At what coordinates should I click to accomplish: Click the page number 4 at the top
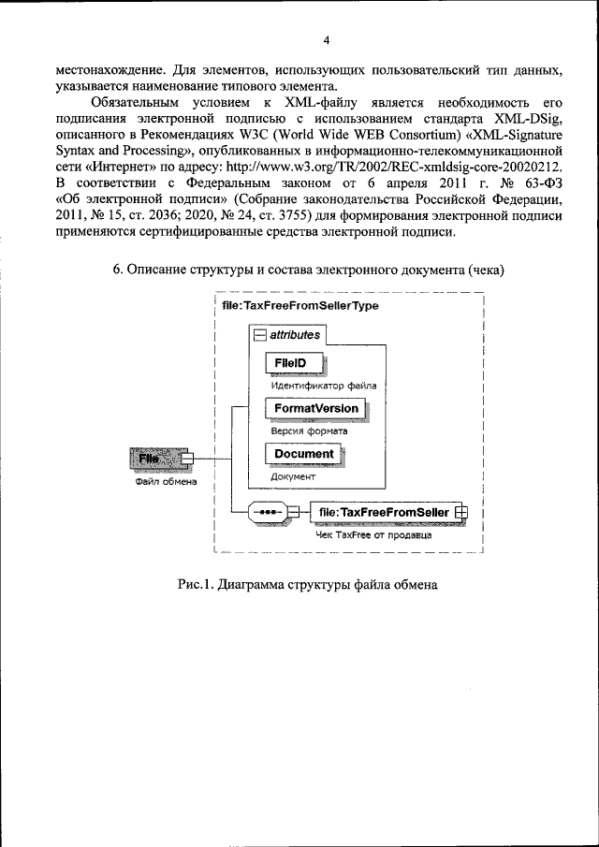299,39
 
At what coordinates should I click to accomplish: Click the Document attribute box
303,454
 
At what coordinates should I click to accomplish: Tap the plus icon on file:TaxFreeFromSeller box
460,512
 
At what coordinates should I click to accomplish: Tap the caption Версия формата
309,431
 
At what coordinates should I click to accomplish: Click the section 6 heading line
308,270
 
